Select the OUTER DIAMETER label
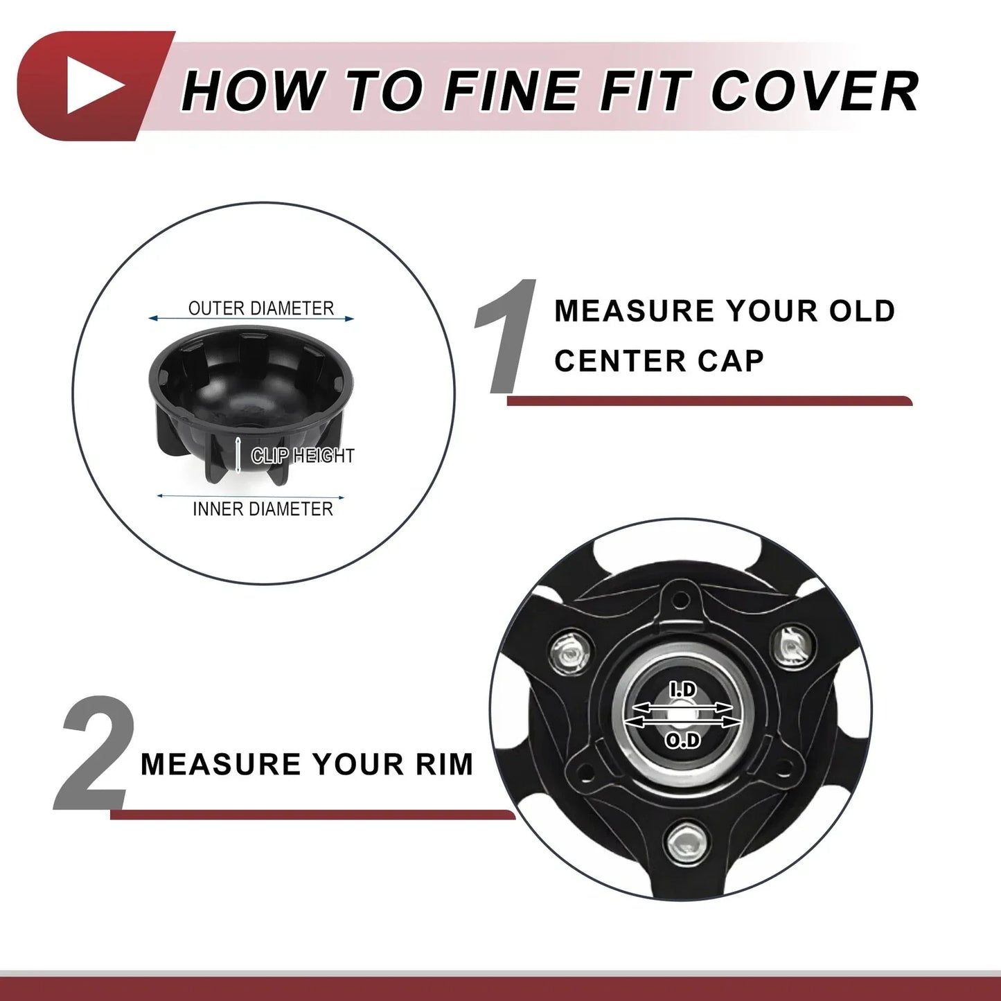tap(260, 308)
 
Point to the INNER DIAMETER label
tap(263, 509)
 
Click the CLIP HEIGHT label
tap(303, 456)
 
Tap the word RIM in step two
tap(445, 764)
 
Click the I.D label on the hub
tap(682, 690)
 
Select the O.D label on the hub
tap(683, 741)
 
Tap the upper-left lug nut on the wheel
tap(570, 653)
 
